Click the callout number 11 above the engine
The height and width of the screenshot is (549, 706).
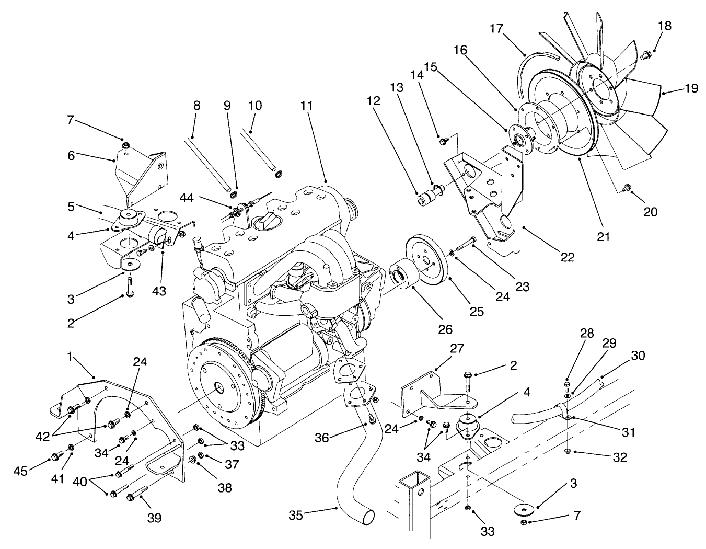306,106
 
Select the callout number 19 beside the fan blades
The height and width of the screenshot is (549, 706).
691,89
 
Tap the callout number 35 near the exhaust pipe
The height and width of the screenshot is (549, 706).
296,516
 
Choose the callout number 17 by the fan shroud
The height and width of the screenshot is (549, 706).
496,28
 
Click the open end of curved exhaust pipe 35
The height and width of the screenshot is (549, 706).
368,517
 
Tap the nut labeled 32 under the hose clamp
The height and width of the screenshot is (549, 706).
568,450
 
